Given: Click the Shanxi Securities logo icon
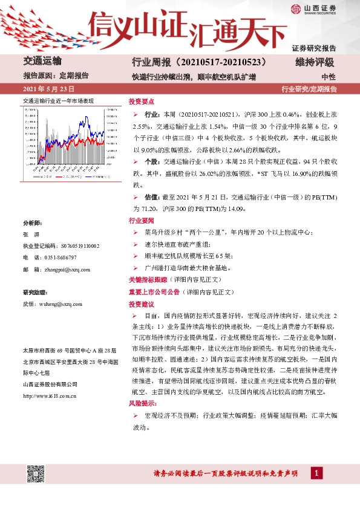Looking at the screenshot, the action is [294, 9].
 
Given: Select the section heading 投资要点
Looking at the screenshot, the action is [141, 101].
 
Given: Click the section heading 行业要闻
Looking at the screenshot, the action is [141, 221].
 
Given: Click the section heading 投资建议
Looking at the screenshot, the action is [141, 303].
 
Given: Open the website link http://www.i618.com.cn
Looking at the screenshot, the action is [49, 396].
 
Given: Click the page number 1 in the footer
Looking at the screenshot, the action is [315, 473].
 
